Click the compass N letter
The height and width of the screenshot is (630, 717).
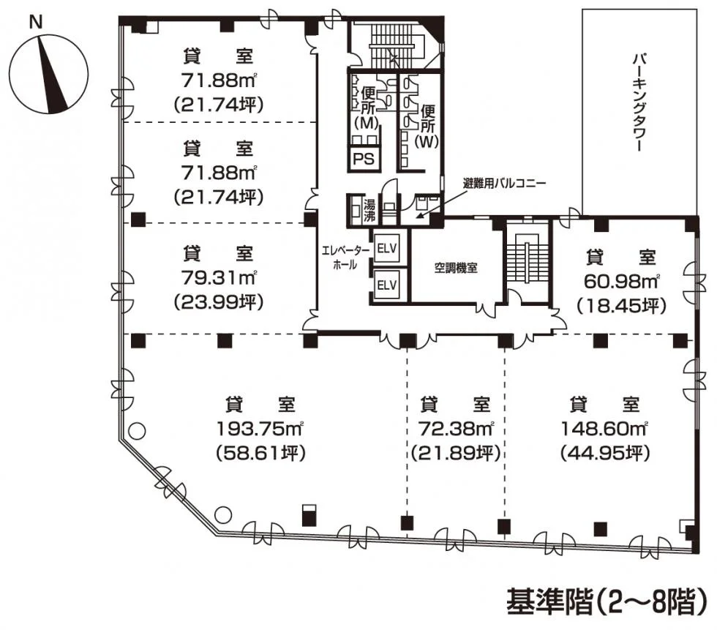click(36, 22)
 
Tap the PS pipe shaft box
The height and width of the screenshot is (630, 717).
click(364, 159)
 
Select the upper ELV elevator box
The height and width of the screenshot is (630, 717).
click(387, 249)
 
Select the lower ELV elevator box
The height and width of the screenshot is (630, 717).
click(387, 285)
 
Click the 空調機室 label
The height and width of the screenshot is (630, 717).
click(456, 268)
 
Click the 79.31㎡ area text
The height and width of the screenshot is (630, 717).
click(219, 277)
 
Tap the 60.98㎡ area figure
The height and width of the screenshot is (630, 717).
click(621, 282)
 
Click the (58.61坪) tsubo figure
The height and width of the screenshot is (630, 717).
click(260, 454)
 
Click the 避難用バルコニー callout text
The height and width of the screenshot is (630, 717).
click(504, 184)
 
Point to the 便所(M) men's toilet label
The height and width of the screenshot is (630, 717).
click(367, 108)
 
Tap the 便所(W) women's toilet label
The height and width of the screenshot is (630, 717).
click(427, 126)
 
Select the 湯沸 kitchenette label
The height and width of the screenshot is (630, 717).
click(369, 210)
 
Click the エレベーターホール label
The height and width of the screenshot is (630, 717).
click(345, 257)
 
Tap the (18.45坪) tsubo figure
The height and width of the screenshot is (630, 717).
click(621, 305)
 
